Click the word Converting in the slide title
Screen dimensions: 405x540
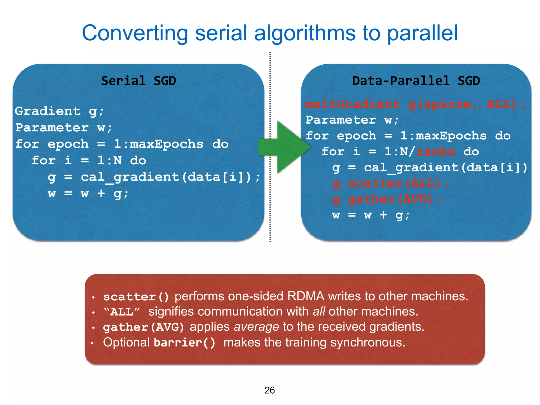coord(135,33)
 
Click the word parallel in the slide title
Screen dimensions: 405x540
coord(422,33)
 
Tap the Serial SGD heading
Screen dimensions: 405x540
coord(138,81)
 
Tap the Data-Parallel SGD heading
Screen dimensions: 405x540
coord(416,81)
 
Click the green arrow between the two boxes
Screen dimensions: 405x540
coord(285,147)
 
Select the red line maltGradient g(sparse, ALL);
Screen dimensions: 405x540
coord(415,104)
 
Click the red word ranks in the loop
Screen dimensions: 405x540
coord(435,152)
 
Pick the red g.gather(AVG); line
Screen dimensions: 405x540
coord(386,199)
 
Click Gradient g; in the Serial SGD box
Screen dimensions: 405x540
coord(59,111)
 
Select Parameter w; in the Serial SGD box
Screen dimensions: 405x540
coord(64,128)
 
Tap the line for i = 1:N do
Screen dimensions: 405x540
coord(89,160)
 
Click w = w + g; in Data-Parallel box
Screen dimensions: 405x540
coord(370,215)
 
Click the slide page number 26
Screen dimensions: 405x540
coord(269,390)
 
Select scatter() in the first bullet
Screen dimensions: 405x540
coord(136,297)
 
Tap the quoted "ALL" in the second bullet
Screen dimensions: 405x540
coord(122,312)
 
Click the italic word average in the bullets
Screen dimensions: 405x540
coord(256,327)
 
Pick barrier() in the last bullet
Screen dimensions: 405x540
coord(184,343)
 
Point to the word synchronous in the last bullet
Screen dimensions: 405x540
coord(368,343)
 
